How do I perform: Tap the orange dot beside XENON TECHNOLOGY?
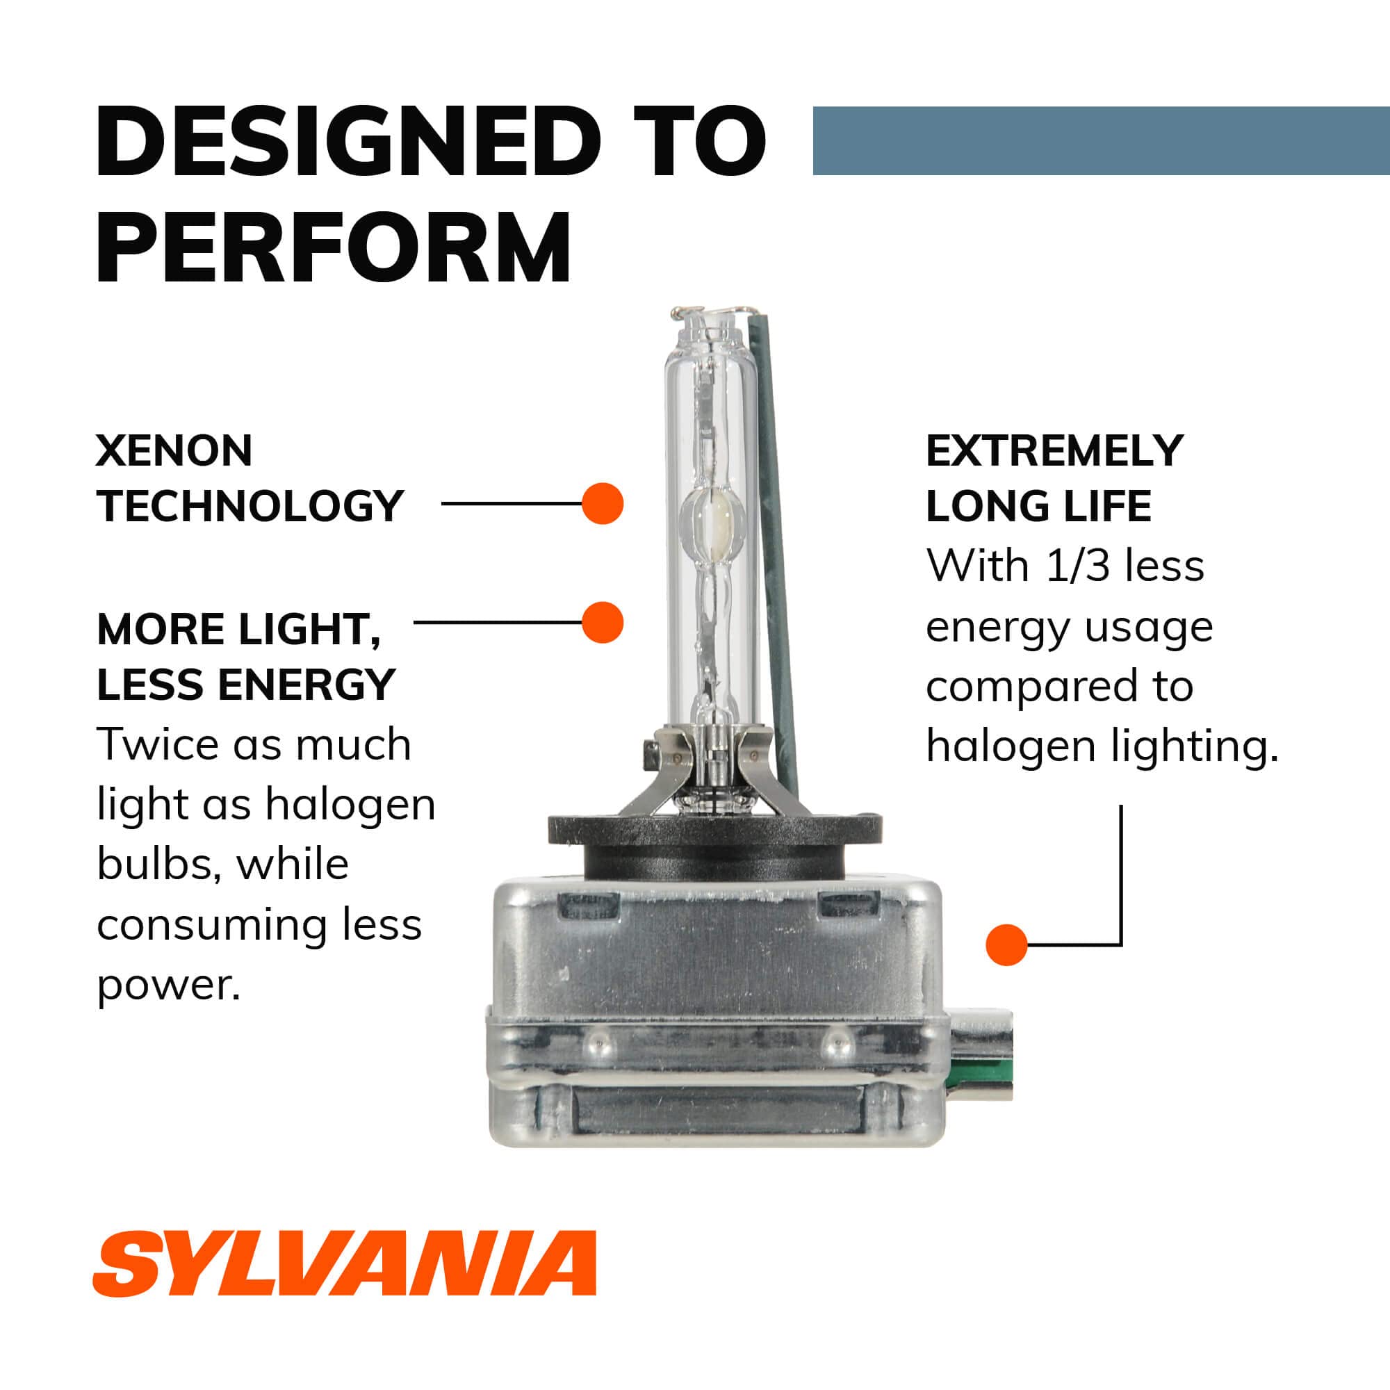point(602,503)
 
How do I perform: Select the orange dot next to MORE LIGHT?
point(602,622)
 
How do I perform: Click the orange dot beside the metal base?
point(1006,945)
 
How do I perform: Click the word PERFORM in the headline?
point(334,248)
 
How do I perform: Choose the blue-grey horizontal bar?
point(1101,140)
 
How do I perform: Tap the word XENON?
point(174,451)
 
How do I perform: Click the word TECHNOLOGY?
point(250,506)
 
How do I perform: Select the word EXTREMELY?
point(1054,451)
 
